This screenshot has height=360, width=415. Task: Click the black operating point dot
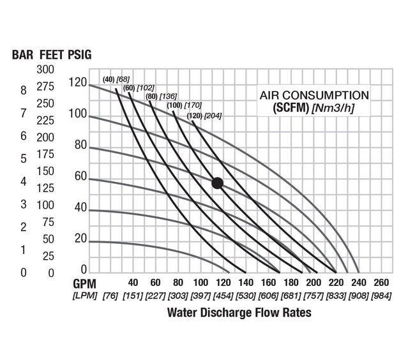[217, 183]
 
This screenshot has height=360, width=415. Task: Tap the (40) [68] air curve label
[114, 80]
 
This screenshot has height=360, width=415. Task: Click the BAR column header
[22, 54]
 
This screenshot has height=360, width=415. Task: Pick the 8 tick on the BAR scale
[24, 90]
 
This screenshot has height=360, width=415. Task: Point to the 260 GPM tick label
[381, 282]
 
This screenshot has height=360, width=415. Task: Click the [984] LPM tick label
[381, 296]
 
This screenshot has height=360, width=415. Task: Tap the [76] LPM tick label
[110, 296]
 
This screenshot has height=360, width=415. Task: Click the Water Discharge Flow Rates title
[239, 313]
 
